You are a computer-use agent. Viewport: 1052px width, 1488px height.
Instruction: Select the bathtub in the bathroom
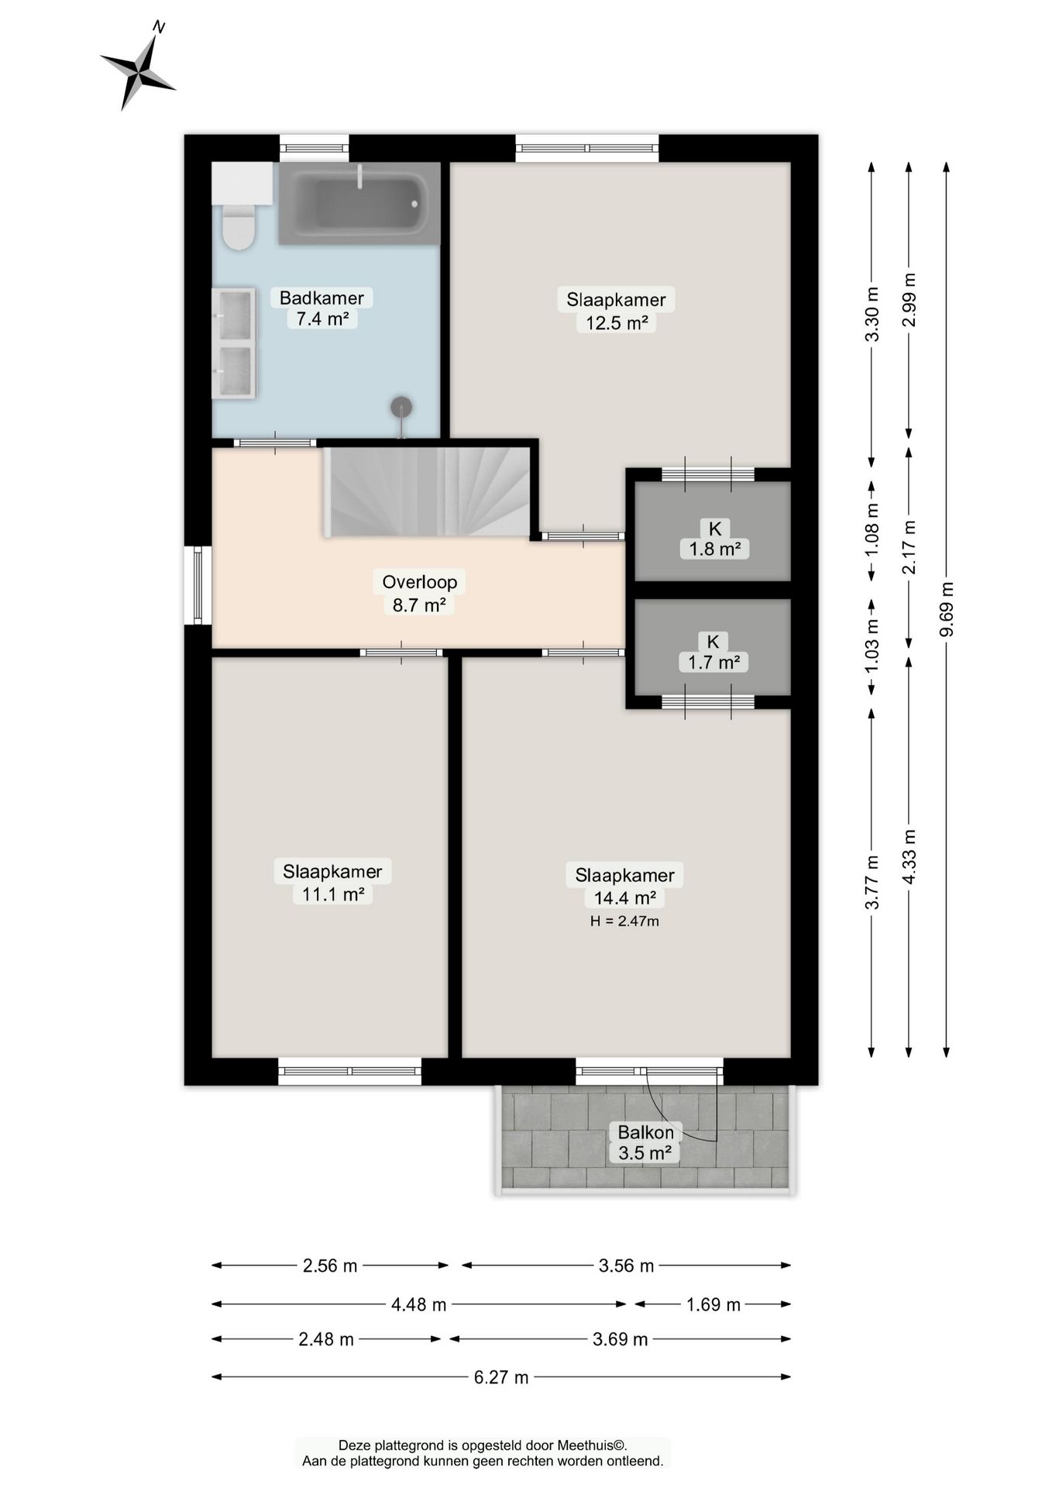pyautogui.click(x=359, y=203)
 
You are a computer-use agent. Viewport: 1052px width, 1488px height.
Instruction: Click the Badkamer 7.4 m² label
pyautogui.click(x=321, y=308)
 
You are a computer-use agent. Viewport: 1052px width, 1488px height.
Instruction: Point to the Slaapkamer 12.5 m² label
pyautogui.click(x=616, y=311)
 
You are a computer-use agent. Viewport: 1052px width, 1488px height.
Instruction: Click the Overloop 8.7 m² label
pyautogui.click(x=419, y=593)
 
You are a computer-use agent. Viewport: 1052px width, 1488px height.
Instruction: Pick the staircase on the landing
pyautogui.click(x=431, y=491)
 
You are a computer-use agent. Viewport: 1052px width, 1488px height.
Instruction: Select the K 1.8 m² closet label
pyautogui.click(x=714, y=539)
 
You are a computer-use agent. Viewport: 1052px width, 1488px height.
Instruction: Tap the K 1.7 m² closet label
pyautogui.click(x=713, y=652)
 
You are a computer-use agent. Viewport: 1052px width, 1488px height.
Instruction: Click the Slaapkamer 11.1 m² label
pyautogui.click(x=332, y=882)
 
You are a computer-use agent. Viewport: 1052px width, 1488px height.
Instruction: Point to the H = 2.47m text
pyautogui.click(x=624, y=921)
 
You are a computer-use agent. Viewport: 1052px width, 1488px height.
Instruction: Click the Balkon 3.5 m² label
pyautogui.click(x=645, y=1142)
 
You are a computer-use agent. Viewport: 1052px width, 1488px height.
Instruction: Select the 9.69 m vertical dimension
pyautogui.click(x=946, y=609)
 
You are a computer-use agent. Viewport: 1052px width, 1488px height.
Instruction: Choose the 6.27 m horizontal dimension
pyautogui.click(x=501, y=1376)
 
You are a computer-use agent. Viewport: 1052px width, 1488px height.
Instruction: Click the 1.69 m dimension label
pyautogui.click(x=713, y=1304)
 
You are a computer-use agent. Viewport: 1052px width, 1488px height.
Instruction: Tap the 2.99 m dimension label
pyautogui.click(x=909, y=299)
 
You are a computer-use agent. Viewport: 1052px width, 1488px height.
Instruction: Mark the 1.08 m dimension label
pyautogui.click(x=872, y=530)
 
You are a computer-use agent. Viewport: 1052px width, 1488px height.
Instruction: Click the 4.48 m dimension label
pyautogui.click(x=419, y=1304)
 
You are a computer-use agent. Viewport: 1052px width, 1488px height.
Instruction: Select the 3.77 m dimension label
pyautogui.click(x=872, y=882)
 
